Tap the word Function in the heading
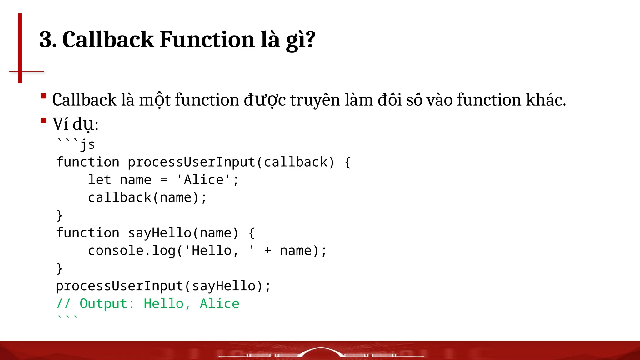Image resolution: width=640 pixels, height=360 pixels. pos(207,40)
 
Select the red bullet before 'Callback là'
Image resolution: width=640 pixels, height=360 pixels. pos(43,96)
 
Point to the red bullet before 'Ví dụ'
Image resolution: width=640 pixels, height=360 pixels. pos(43,120)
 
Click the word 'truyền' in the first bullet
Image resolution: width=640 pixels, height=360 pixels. pos(315,100)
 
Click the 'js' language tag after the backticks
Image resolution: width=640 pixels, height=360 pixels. pos(88,145)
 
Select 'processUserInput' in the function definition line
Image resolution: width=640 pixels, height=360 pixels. pos(192,162)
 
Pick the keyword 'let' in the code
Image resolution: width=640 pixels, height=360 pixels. pos(100,180)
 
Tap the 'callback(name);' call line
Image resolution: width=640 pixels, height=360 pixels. pos(147,198)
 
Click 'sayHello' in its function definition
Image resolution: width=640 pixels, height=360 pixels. pos(159,233)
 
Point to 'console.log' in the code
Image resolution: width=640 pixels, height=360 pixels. pos(132,251)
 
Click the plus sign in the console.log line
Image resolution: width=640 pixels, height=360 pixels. pos(267,251)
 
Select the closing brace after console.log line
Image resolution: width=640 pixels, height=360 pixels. pos(60,268)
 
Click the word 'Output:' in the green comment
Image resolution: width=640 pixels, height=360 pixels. pos(107,304)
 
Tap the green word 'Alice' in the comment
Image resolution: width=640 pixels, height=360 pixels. pos(219,304)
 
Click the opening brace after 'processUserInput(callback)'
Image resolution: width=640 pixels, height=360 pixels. pos(348,162)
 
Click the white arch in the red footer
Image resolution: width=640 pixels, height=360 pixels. pos(321,352)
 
